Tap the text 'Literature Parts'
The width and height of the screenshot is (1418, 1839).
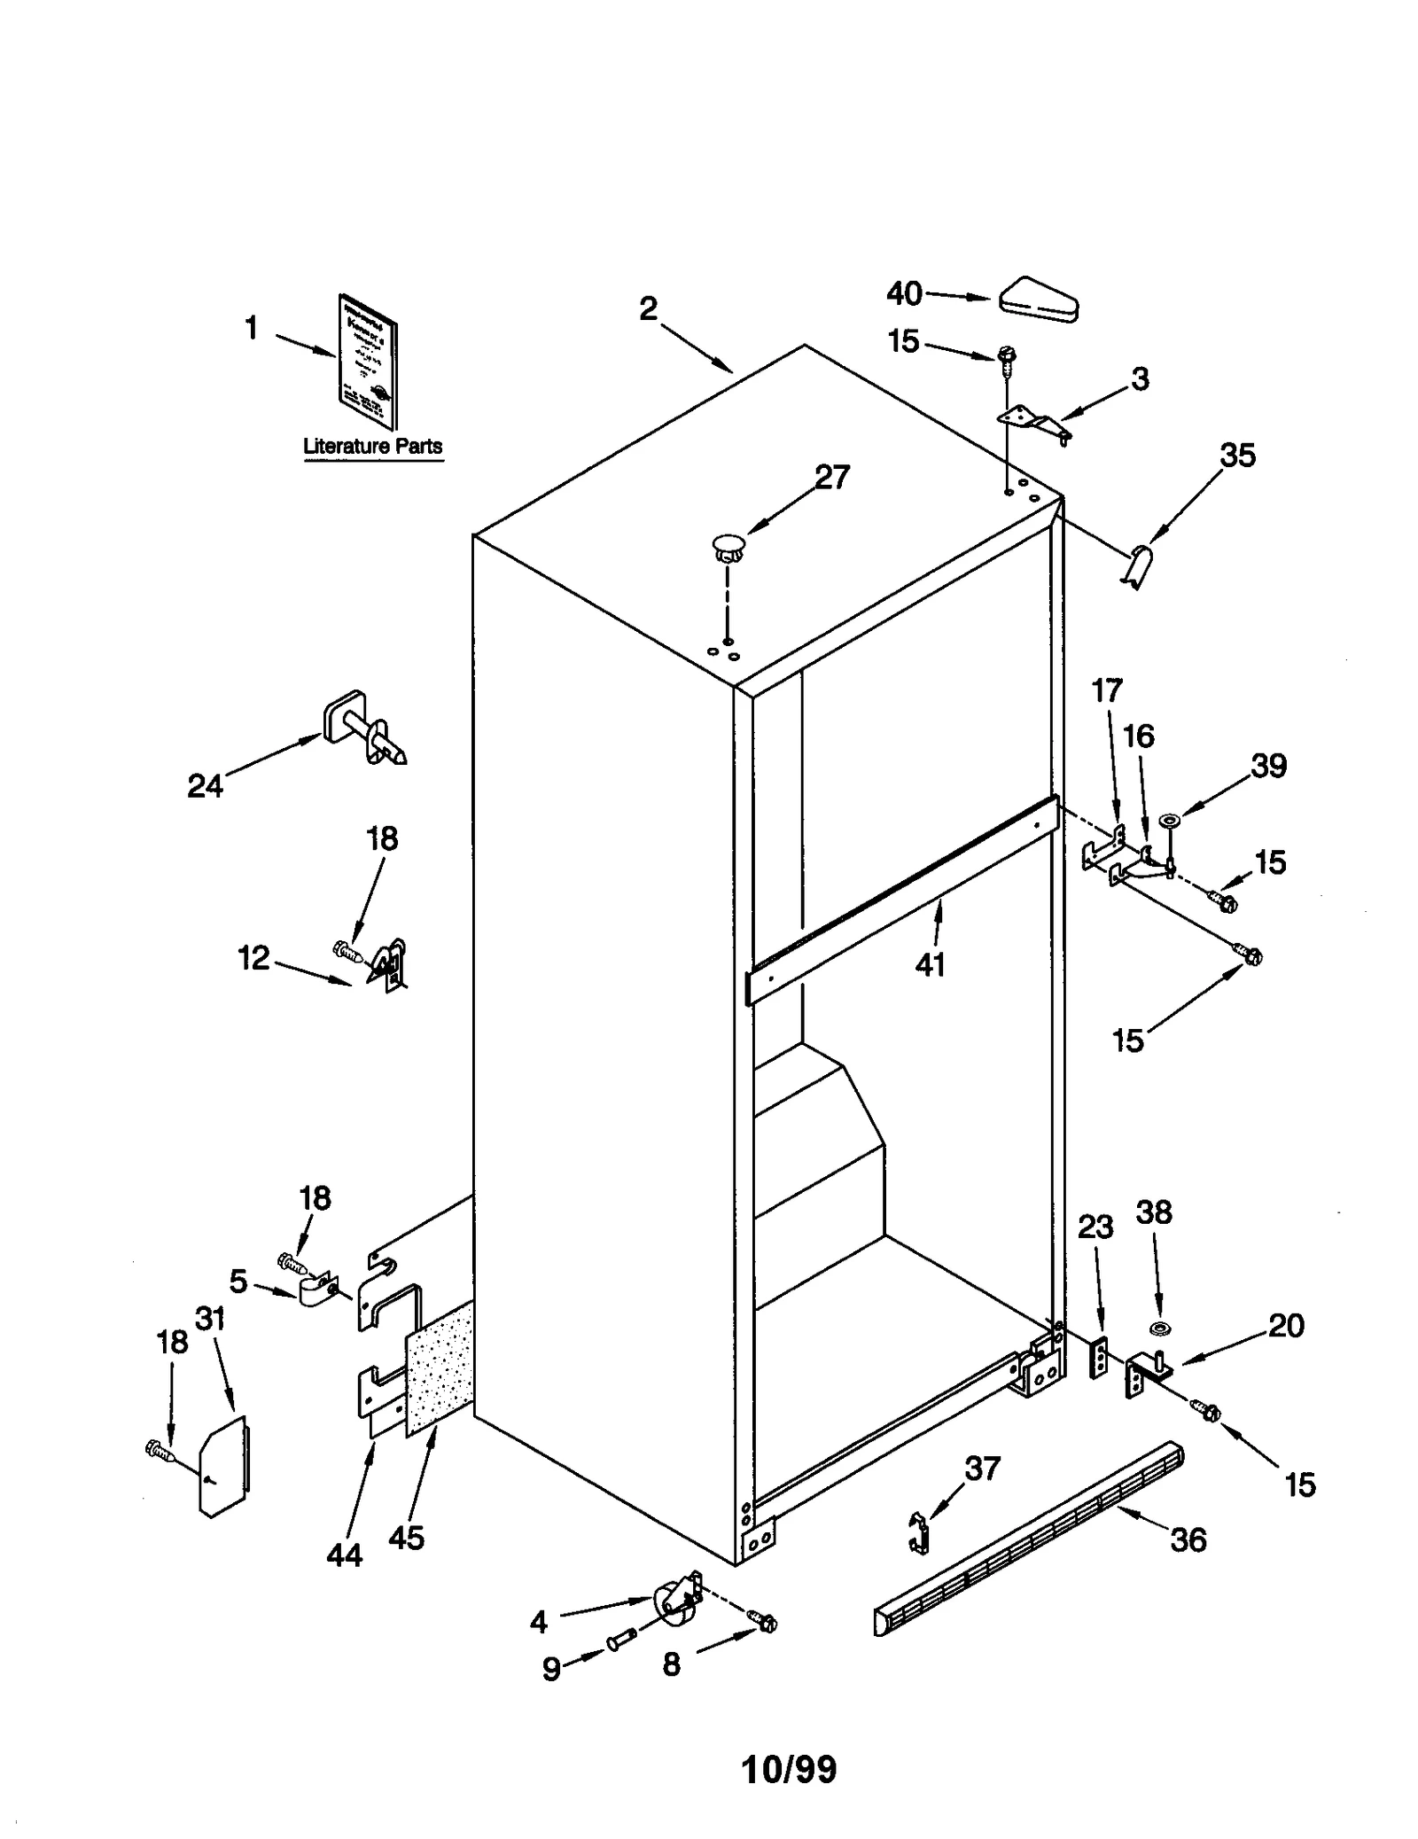372,446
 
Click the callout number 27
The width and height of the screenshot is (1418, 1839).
831,477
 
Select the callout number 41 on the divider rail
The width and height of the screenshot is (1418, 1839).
930,963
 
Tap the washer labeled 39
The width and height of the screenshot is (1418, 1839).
1169,818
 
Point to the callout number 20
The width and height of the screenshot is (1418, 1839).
1285,1326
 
